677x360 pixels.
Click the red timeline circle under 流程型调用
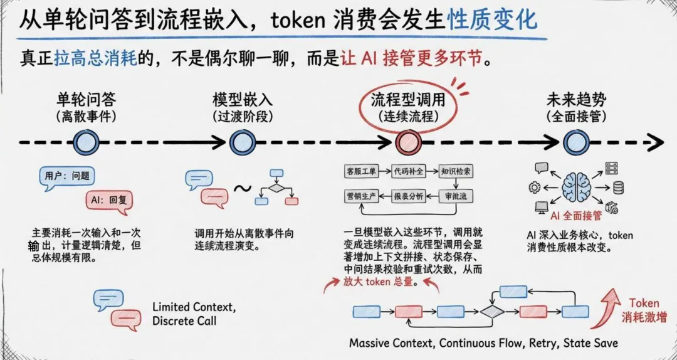408,142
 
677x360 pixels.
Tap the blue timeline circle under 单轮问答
86,142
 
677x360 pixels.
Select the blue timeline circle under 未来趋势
577,142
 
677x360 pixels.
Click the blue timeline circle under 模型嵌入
243,142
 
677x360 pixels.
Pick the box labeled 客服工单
361,172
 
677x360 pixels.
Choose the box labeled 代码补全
408,172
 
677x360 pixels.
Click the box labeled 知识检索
456,172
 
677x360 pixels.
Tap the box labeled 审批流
456,196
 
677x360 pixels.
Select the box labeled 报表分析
408,196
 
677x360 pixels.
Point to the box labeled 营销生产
361,196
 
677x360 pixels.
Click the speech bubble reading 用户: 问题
66,178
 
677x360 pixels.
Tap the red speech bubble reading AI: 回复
109,202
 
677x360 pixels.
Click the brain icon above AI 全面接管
576,187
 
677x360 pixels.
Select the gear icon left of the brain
534,188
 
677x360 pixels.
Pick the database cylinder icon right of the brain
618,188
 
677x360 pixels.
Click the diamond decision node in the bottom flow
492,312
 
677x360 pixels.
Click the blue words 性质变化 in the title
492,20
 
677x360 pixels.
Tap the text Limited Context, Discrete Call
194,314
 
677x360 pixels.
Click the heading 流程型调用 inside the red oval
408,100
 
